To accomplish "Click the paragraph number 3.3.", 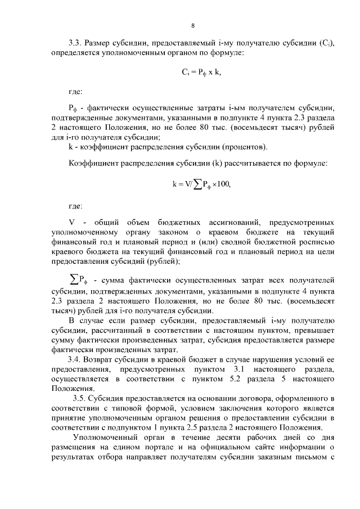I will (75, 42).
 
